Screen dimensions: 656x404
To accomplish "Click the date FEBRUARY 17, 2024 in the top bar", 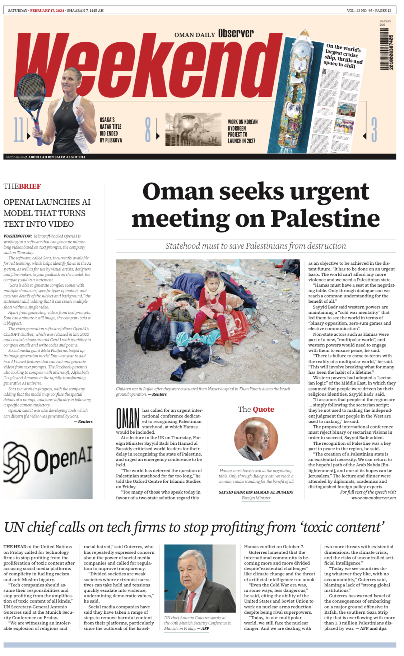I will click(47, 10).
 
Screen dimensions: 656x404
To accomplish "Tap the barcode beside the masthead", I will click(386, 48).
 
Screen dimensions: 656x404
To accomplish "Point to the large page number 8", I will click(148, 129).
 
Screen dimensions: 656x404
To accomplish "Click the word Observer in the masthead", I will click(236, 33).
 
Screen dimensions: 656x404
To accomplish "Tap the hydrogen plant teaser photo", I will click(193, 129).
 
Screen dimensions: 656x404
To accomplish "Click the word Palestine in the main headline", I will click(325, 218).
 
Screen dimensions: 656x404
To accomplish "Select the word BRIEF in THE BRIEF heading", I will click(30, 186).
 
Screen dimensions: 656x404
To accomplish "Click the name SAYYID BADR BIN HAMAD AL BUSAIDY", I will click(256, 492).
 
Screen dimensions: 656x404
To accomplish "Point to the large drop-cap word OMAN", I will click(127, 419).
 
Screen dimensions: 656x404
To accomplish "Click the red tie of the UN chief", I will click(191, 601).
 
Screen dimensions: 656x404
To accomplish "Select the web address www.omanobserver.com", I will click(373, 497).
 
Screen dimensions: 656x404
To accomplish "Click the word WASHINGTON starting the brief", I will click(18, 236).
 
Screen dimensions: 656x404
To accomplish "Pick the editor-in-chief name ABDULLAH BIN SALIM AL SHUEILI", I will click(57, 157).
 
